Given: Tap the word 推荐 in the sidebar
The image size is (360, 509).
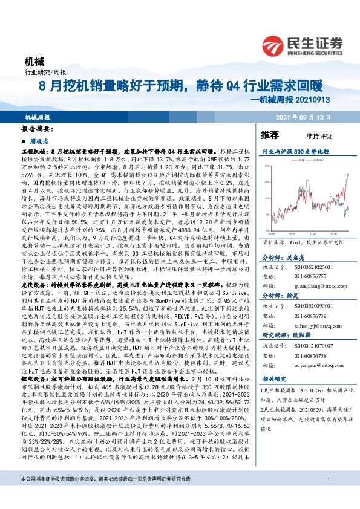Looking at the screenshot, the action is (x=270, y=134).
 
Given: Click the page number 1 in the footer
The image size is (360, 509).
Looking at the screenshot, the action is (x=327, y=496).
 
